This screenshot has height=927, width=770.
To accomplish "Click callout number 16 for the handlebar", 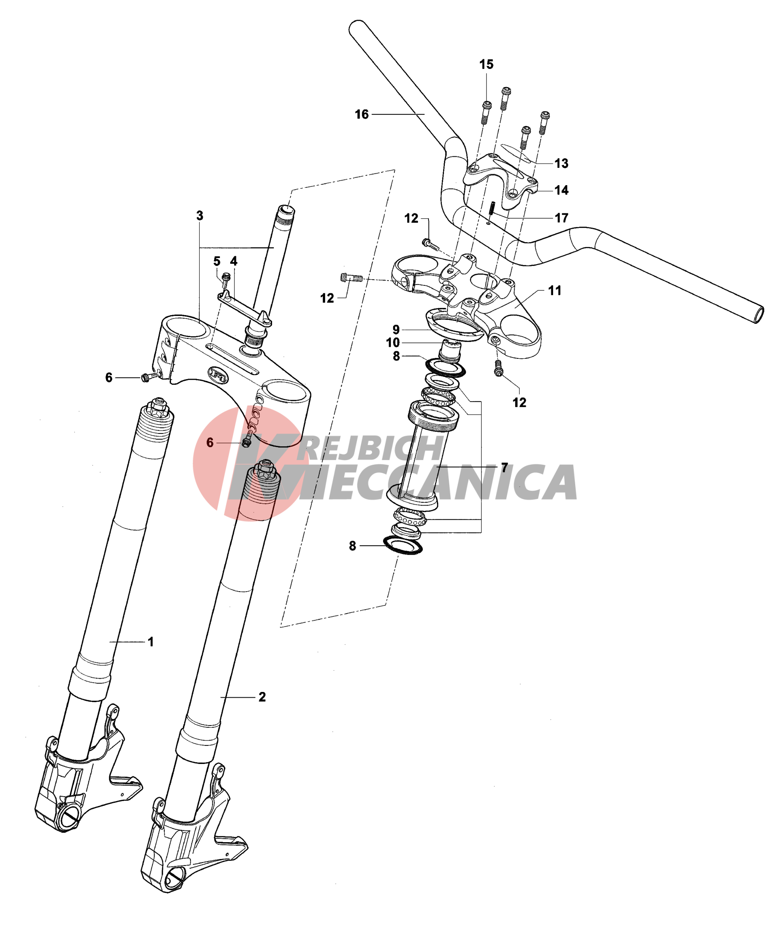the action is coord(361,114).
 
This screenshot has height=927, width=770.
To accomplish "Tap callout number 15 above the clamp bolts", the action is coord(486,65).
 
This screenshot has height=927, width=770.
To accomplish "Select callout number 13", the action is coord(561,163).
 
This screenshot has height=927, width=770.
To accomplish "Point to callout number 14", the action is coord(561,190).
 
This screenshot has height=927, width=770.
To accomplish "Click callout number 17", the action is coord(561,218).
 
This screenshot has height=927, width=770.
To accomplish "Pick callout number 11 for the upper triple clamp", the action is coord(554,291).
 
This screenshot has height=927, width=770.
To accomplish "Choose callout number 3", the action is coord(200,216).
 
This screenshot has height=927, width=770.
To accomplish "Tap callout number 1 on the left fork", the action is coord(151,642).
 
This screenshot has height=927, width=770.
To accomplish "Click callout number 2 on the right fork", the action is coord(262,697).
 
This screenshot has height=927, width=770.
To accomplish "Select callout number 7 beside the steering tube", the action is coord(504,467).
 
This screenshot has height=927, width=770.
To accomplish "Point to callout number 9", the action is coord(396,330).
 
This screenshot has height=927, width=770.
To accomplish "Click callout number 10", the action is coord(392,342).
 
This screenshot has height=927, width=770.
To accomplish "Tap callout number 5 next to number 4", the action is coord(216,261).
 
